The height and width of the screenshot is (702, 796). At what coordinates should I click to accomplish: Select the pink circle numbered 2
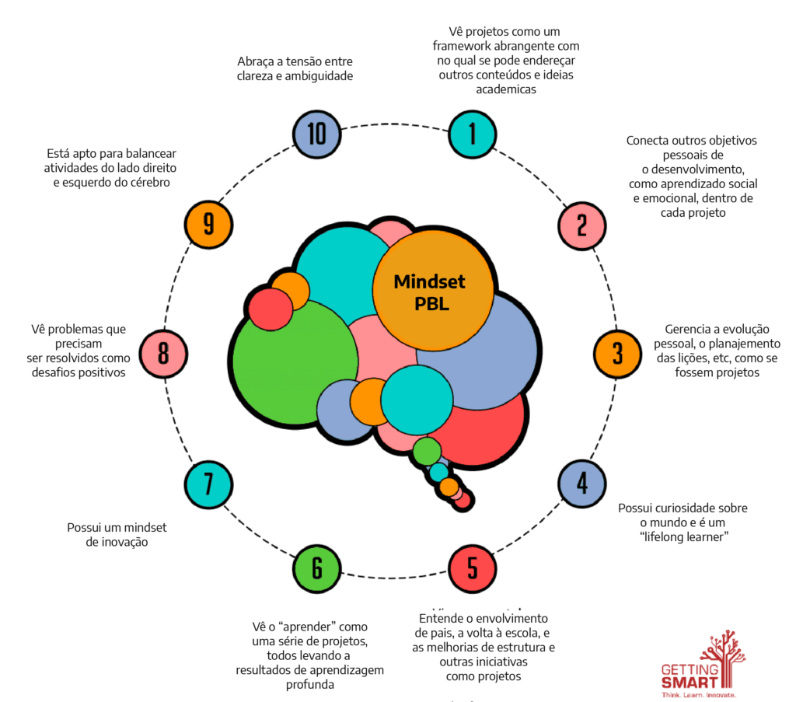pyautogui.click(x=581, y=225)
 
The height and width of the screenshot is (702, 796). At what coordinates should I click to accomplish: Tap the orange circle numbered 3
pyautogui.click(x=617, y=354)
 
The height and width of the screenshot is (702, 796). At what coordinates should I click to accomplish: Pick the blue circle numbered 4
pyautogui.click(x=581, y=484)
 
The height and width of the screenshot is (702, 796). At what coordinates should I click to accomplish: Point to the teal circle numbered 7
pyautogui.click(x=208, y=484)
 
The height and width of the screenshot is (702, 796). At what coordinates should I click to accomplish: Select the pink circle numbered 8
pyautogui.click(x=163, y=354)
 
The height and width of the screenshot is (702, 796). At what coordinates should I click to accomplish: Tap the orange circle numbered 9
pyautogui.click(x=208, y=225)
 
